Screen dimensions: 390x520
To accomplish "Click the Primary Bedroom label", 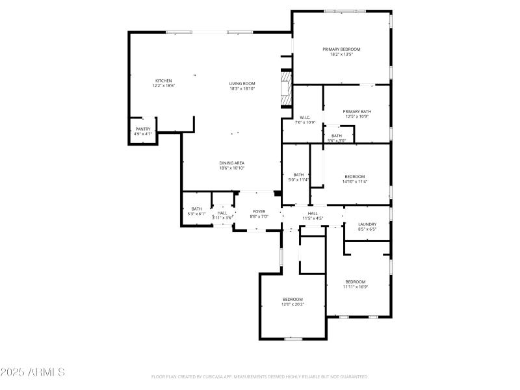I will (341, 49).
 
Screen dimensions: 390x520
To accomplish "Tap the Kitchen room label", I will (163, 81).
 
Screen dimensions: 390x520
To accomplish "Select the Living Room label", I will (242, 83).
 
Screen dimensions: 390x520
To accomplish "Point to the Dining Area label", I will (231, 162).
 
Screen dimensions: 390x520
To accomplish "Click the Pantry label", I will (142, 129).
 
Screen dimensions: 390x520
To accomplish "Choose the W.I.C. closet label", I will (305, 118).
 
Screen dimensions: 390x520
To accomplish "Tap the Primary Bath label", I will (357, 111).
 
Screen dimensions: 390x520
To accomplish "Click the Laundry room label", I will (367, 224).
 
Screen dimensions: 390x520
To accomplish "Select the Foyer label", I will (259, 211).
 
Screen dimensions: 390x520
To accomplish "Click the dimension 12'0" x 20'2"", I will (292, 304).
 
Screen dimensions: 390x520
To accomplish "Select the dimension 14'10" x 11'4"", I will (355, 181).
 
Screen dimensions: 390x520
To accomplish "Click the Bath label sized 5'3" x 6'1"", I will (196, 209).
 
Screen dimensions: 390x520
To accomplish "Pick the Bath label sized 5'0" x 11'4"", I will (298, 174).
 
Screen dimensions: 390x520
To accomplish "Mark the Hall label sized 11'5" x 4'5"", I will (313, 213).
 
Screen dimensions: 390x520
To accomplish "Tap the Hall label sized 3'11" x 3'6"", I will (222, 213).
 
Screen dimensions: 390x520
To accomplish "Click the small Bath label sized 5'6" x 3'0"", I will (336, 136).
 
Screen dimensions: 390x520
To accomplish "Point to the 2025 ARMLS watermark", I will (32, 372).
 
